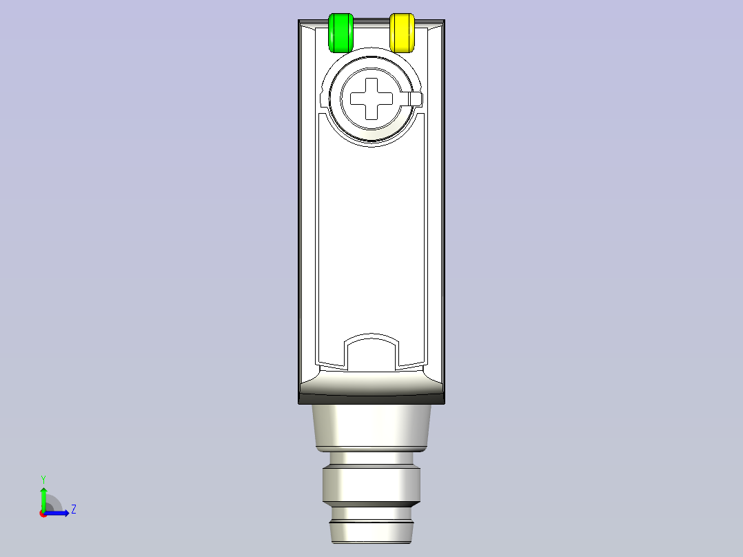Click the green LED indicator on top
click(x=340, y=32)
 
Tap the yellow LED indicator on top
click(x=403, y=32)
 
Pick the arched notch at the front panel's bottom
click(x=371, y=352)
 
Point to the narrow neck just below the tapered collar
click(x=371, y=458)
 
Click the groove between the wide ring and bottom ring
click(x=371, y=514)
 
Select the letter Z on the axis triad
click(x=73, y=509)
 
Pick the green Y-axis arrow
click(x=43, y=497)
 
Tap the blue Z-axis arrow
click(x=58, y=513)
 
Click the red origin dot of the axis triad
click(x=43, y=514)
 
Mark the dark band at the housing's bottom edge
click(x=371, y=398)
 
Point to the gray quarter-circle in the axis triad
click(x=52, y=505)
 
